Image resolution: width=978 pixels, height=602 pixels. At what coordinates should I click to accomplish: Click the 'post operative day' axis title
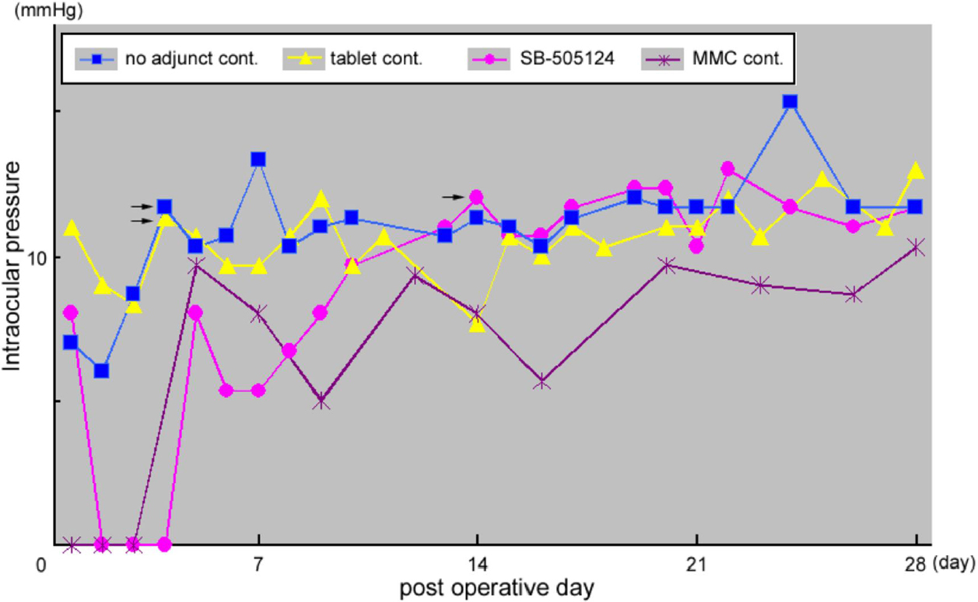(497, 588)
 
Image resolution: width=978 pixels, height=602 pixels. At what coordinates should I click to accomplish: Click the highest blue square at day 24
(790, 102)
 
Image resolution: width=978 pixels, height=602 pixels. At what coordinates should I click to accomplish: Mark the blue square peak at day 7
(258, 159)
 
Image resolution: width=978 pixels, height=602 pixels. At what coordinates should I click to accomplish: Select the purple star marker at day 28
(917, 247)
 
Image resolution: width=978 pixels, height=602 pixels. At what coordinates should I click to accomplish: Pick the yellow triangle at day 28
(917, 170)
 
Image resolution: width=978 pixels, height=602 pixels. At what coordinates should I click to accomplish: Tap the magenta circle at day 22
(728, 168)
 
